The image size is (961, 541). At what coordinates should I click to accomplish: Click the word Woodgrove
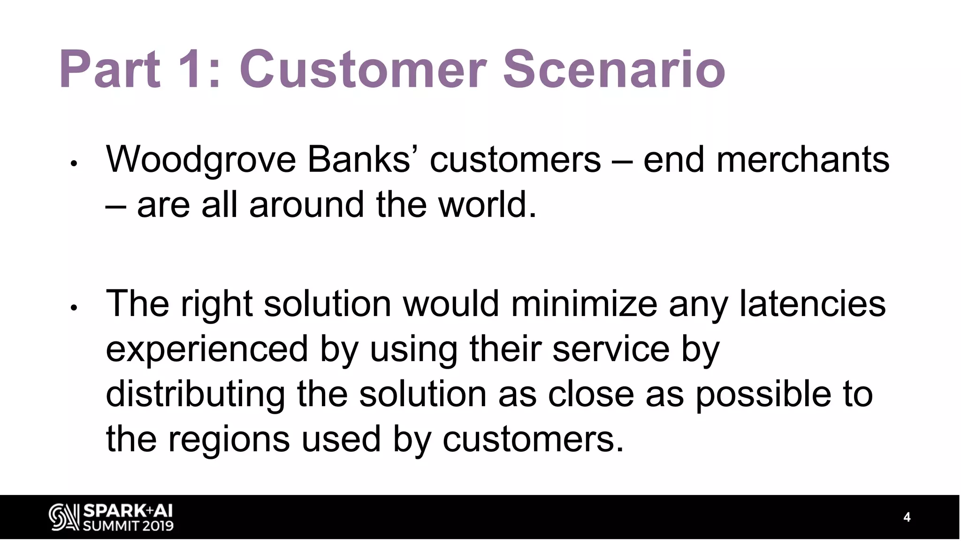[x=201, y=160]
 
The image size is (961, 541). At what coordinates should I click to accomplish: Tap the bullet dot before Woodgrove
[x=73, y=164]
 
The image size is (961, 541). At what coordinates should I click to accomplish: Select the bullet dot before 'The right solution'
[x=73, y=308]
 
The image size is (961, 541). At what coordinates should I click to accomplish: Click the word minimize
[x=584, y=303]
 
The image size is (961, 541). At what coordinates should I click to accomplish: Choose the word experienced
[x=206, y=350]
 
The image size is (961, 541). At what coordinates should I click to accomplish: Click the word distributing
[x=195, y=394]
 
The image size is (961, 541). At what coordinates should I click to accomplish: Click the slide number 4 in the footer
[x=907, y=517]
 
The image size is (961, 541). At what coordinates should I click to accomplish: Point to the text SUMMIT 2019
[x=128, y=526]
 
